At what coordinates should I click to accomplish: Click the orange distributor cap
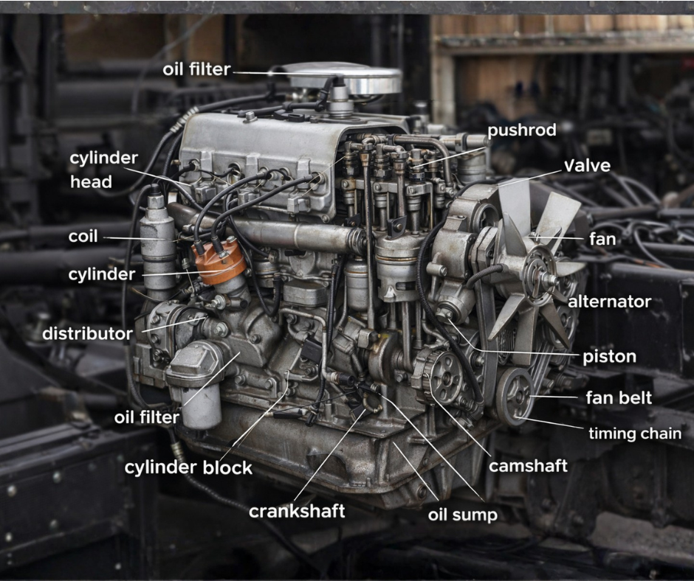point(219,262)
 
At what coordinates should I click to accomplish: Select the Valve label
point(587,165)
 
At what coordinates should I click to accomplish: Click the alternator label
point(609,302)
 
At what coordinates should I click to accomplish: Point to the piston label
point(609,357)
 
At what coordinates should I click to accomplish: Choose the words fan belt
point(619,398)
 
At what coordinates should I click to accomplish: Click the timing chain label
point(634,434)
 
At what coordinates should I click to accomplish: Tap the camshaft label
point(528,465)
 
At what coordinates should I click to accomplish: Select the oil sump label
point(462,514)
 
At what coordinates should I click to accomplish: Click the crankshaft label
point(297,511)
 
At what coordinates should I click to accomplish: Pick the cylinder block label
point(188,467)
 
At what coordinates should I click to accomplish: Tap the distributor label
point(87,333)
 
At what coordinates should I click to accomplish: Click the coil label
point(83,237)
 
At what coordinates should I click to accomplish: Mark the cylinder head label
point(103,170)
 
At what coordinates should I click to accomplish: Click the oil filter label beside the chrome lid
point(197,70)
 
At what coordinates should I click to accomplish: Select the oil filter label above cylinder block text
point(147,417)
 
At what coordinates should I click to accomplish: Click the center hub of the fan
point(544,276)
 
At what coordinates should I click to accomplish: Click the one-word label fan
point(602,240)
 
